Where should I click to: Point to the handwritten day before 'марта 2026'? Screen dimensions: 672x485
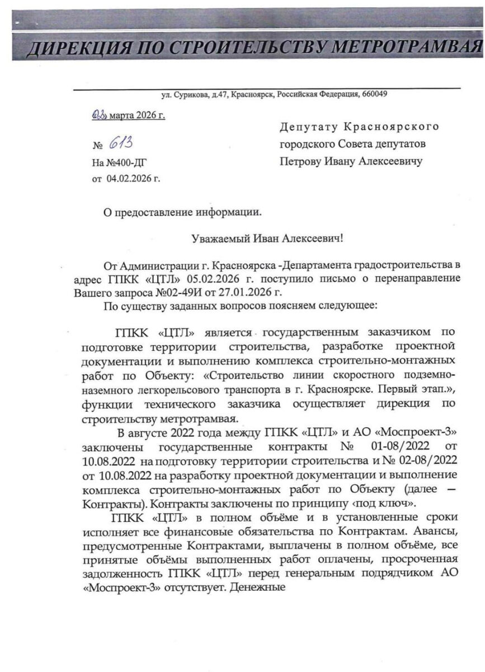pos(99,115)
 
